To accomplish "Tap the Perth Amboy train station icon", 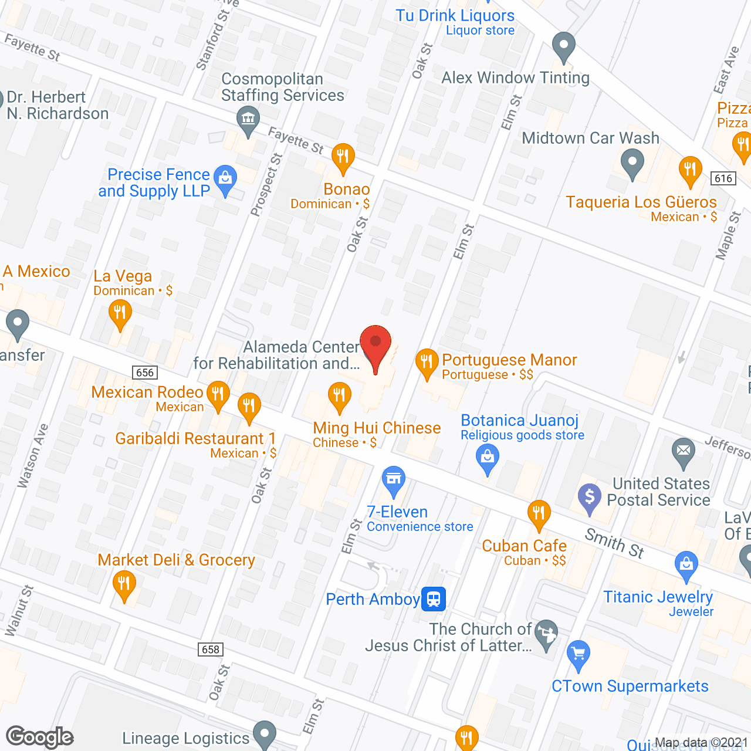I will tap(434, 599).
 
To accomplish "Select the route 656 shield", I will tap(144, 373).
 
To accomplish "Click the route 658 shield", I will tap(210, 649).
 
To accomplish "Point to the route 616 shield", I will tap(723, 178).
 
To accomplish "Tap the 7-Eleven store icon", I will tap(394, 480).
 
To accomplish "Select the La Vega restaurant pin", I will tap(120, 313).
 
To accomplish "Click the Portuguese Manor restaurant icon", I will tap(427, 363).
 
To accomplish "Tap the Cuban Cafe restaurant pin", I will tap(538, 513).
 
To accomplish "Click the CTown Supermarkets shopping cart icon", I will tap(579, 654).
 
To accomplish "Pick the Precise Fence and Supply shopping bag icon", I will tap(225, 179).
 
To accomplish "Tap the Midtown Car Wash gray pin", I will tap(632, 163).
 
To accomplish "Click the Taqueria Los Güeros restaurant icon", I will tap(691, 170).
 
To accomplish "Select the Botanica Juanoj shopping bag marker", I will tap(488, 458).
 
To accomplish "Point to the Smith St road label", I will tap(614, 543).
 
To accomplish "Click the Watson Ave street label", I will tap(32, 455).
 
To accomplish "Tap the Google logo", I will tap(40, 737).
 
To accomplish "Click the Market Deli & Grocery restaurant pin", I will tap(124, 585).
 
